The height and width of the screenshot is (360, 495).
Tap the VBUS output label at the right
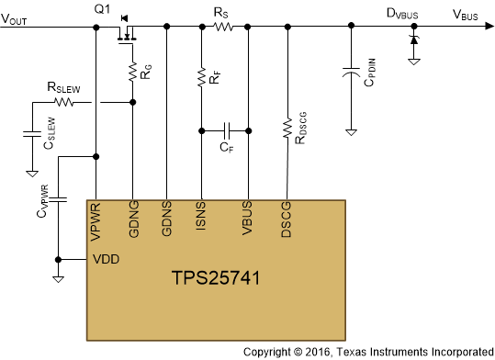(465, 15)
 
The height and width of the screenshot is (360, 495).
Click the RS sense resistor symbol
(221, 28)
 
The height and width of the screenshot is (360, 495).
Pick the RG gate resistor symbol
(133, 70)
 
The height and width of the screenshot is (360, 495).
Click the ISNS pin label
(201, 220)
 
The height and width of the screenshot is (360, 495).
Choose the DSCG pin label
(287, 220)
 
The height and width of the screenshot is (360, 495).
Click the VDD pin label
(107, 259)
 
